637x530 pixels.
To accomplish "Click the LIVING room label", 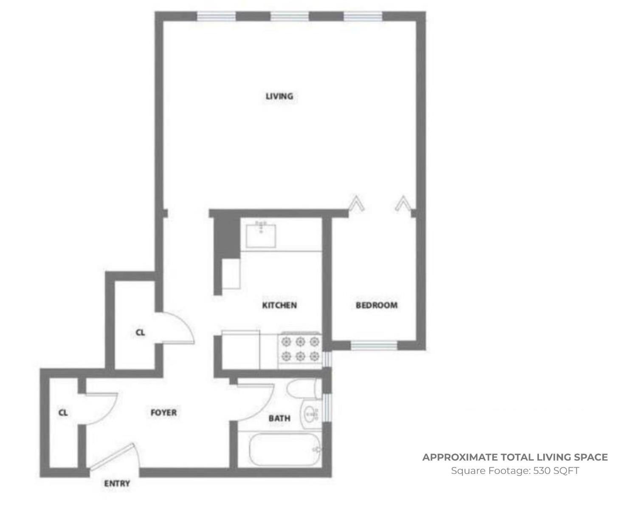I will [279, 96].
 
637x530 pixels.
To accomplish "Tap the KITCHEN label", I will [279, 305].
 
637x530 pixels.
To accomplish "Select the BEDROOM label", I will [377, 305].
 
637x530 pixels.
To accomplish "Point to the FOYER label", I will [163, 413].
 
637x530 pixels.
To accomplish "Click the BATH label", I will [279, 418].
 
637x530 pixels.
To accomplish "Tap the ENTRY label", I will [117, 483].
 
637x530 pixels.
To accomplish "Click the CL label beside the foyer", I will [63, 413].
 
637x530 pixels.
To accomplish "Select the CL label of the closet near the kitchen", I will [140, 333].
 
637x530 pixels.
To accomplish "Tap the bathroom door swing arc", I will [259, 404].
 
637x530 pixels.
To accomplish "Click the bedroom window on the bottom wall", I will [374, 345].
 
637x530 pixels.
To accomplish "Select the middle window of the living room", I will [289, 17].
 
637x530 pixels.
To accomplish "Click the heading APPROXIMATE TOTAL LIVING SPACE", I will [515, 457].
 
